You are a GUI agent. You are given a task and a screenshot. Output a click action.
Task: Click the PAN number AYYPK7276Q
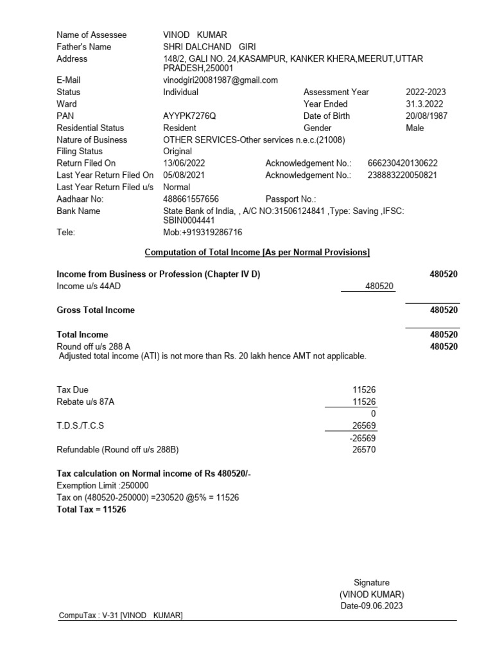point(189,116)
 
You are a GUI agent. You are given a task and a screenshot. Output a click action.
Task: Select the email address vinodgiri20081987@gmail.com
point(220,80)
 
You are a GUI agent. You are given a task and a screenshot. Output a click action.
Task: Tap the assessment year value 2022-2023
point(426,92)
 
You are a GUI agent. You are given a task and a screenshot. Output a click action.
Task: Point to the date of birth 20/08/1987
point(426,116)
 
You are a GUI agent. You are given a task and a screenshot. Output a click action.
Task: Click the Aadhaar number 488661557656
point(191,199)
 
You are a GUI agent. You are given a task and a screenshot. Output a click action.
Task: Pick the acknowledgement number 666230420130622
point(402,163)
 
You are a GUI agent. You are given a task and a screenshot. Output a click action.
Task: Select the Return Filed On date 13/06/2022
point(184,163)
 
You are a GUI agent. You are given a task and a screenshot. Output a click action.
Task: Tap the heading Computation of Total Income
point(257,253)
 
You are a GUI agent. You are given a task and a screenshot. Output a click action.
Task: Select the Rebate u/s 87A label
point(88,402)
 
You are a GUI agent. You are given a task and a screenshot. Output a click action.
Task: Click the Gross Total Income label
point(96,310)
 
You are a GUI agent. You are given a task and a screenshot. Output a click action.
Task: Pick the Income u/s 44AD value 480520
point(379,286)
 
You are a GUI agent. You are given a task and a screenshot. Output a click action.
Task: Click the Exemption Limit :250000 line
point(103,486)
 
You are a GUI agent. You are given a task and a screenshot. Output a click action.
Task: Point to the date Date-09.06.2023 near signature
point(372,605)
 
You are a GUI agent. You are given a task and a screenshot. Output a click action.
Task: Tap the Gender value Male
point(415,128)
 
